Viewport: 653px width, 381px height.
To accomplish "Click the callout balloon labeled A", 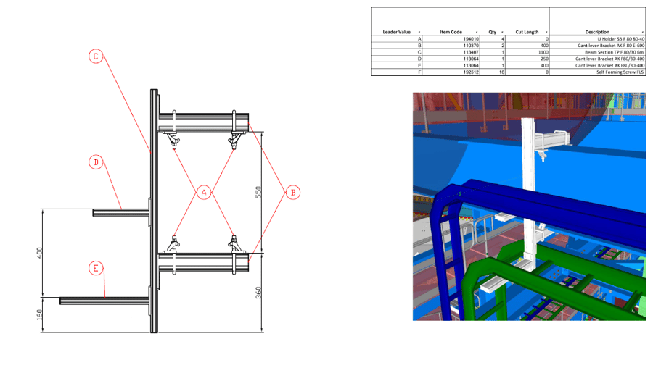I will pos(205,192).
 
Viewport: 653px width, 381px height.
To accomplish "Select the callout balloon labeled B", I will pos(292,192).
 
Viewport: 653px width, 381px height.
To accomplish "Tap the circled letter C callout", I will pos(96,56).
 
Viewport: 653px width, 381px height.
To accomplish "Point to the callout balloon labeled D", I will pos(96,162).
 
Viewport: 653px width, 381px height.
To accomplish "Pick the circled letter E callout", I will pos(96,268).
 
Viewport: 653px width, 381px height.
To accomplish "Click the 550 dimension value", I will pos(258,193).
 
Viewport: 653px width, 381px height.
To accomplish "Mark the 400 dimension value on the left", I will pos(40,253).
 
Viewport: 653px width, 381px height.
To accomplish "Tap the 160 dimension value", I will pos(40,314).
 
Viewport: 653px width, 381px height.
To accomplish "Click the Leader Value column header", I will pos(396,32).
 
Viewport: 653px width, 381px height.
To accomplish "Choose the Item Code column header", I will pos(451,32).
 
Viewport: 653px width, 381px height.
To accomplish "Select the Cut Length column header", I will pos(527,32).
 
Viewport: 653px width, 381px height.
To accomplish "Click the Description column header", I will pos(597,32).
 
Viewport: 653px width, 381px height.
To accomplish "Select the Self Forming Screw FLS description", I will pos(620,72).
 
